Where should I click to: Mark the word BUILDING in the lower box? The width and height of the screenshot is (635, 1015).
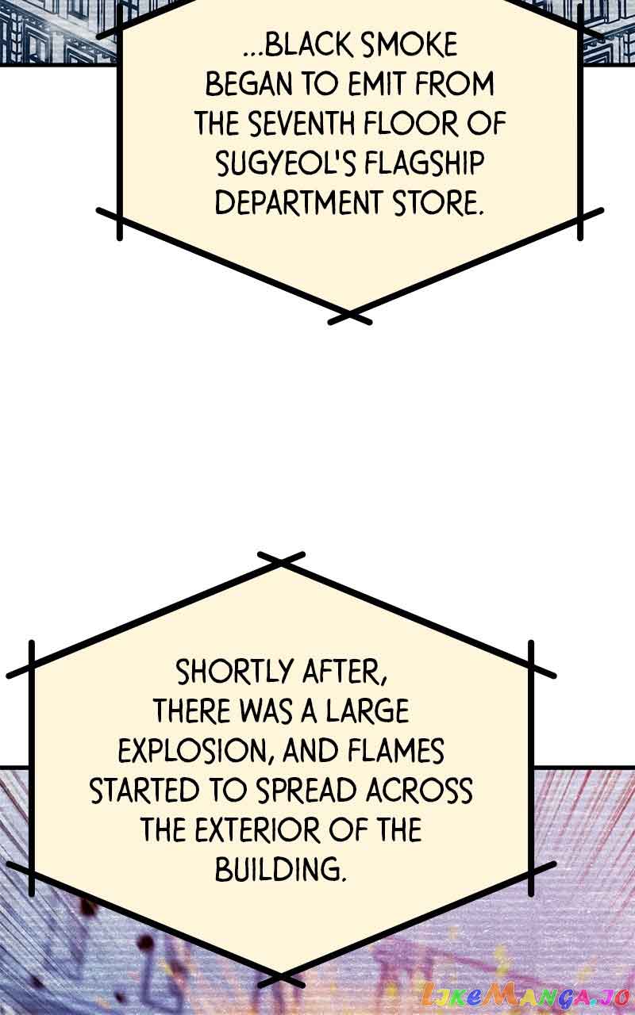pos(281,870)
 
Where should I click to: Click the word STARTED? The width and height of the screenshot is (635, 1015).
pos(144,791)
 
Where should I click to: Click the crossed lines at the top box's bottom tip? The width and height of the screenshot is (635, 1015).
pos(349,316)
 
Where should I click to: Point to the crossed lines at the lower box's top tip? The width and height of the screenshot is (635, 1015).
pos(281,561)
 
